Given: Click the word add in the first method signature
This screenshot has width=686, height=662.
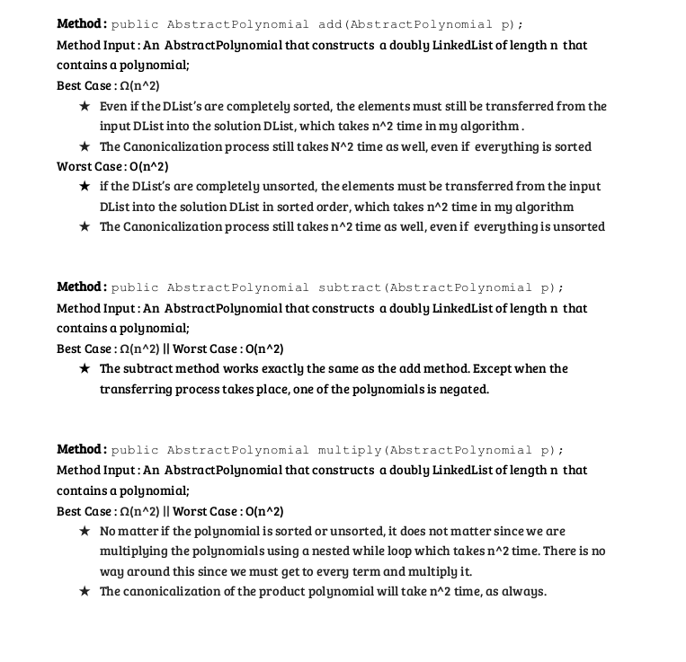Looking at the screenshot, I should tap(329, 24).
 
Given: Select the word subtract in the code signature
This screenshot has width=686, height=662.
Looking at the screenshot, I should tap(351, 287).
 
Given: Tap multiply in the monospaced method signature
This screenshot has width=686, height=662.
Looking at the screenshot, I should tap(351, 450).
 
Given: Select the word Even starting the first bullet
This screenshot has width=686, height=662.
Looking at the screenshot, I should tap(114, 106).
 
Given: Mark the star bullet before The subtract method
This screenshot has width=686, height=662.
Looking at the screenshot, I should tap(84, 368).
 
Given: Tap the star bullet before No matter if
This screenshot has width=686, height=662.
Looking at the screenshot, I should tap(84, 531).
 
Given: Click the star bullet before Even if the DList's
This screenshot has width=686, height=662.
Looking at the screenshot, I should tap(84, 106).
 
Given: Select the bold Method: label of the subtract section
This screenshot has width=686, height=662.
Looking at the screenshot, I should tap(82, 287).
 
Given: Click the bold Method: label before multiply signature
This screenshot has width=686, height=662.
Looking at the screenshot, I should tap(82, 449).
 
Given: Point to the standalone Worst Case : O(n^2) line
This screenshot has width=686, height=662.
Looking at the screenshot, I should tap(112, 166).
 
